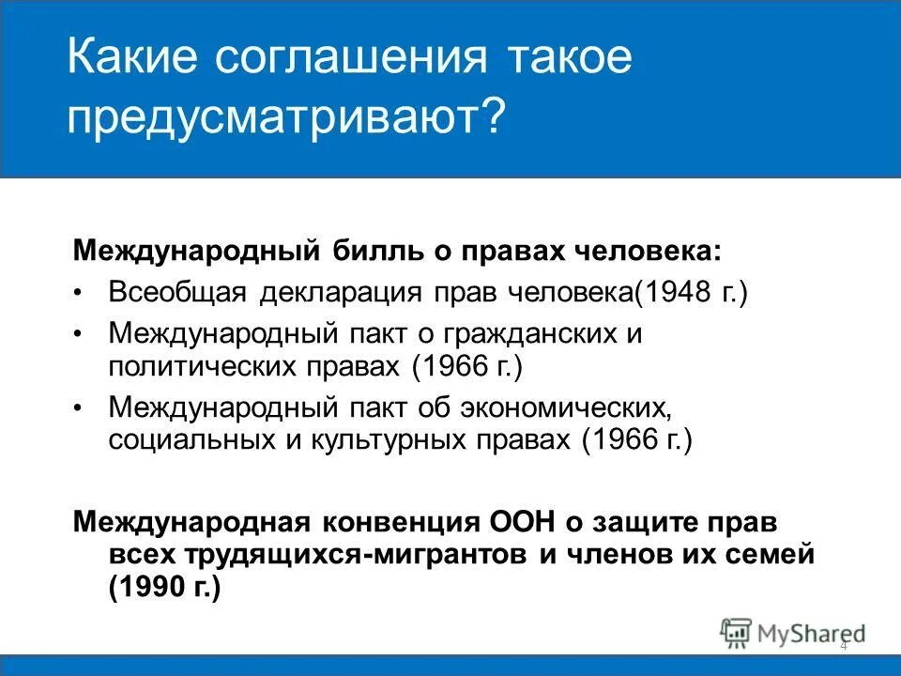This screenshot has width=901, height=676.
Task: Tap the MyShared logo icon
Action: [737, 633]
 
